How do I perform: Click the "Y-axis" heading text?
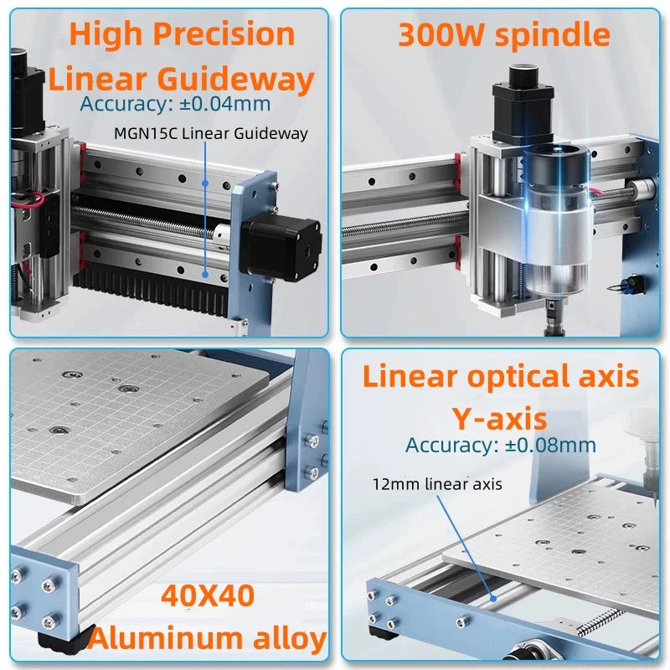point(499,417)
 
